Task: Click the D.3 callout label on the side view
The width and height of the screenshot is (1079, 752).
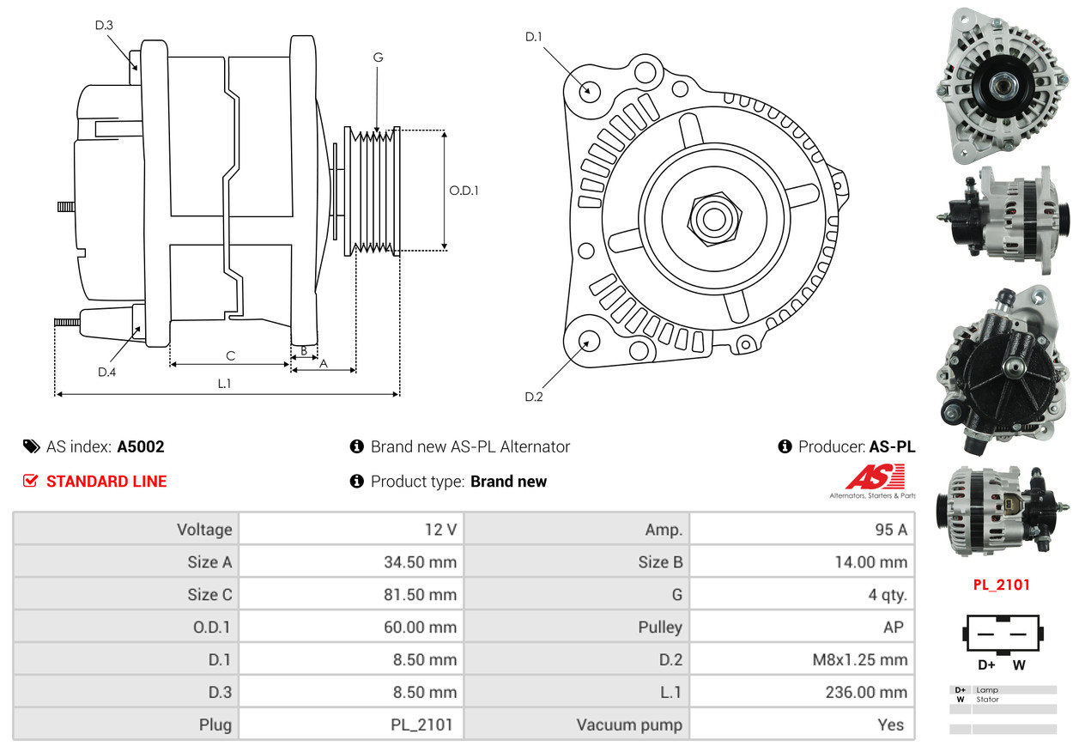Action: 104,25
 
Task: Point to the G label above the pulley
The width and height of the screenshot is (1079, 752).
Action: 379,58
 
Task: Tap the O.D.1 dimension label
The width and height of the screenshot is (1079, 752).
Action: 464,191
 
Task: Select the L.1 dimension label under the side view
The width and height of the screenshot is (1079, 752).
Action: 225,384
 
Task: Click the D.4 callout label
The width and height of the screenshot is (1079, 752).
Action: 107,372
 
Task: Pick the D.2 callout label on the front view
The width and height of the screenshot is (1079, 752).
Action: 534,397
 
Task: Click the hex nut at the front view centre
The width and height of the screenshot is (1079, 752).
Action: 714,219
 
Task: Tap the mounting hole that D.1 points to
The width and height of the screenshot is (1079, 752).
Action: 589,91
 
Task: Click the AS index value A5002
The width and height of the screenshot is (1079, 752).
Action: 141,447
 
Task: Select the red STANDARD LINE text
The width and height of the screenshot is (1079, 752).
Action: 106,482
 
